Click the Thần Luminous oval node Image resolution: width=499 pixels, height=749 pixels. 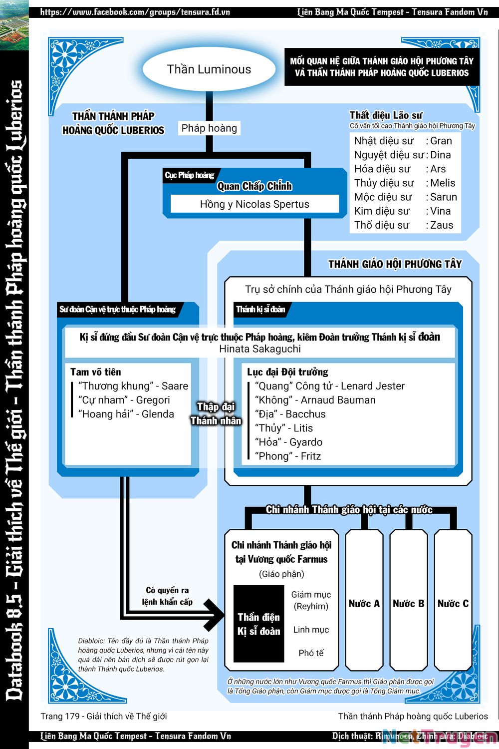[x=209, y=69]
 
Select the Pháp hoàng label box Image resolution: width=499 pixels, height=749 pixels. [x=209, y=128]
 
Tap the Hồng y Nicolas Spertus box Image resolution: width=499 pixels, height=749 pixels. [x=254, y=204]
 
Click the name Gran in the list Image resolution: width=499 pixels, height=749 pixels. [x=441, y=141]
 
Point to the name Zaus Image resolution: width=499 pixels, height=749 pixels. [x=442, y=225]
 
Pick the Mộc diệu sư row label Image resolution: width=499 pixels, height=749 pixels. [x=383, y=197]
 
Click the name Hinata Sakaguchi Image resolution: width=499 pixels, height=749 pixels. [x=260, y=349]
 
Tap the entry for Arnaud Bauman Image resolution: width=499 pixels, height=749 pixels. [x=315, y=400]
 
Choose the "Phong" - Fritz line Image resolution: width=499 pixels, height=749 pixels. [x=288, y=456]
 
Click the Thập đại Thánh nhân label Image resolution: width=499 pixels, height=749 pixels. [x=216, y=413]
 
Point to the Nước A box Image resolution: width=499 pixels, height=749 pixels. [x=364, y=604]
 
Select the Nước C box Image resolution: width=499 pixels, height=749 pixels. [x=453, y=604]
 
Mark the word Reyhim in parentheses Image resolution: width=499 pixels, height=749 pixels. [x=311, y=606]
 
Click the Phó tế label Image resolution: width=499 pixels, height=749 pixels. [x=311, y=653]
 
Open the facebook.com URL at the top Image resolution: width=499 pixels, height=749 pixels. [x=135, y=11]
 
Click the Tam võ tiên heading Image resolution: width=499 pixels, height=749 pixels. [x=96, y=372]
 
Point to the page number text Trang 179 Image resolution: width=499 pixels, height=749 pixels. [x=59, y=717]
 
